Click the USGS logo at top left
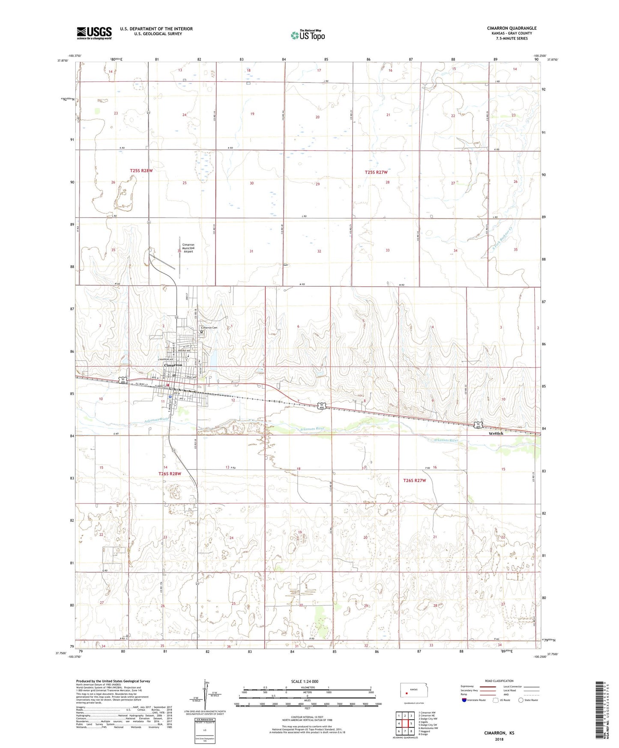(x=94, y=33)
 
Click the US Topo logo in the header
(x=307, y=35)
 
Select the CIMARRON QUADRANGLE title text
(x=511, y=28)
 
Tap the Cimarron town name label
(x=173, y=365)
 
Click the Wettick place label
(x=496, y=433)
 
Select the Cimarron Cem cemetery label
(x=212, y=328)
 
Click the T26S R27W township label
(x=414, y=481)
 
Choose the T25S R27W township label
(x=376, y=172)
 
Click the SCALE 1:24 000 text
(x=305, y=681)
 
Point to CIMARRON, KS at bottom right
(x=499, y=733)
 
